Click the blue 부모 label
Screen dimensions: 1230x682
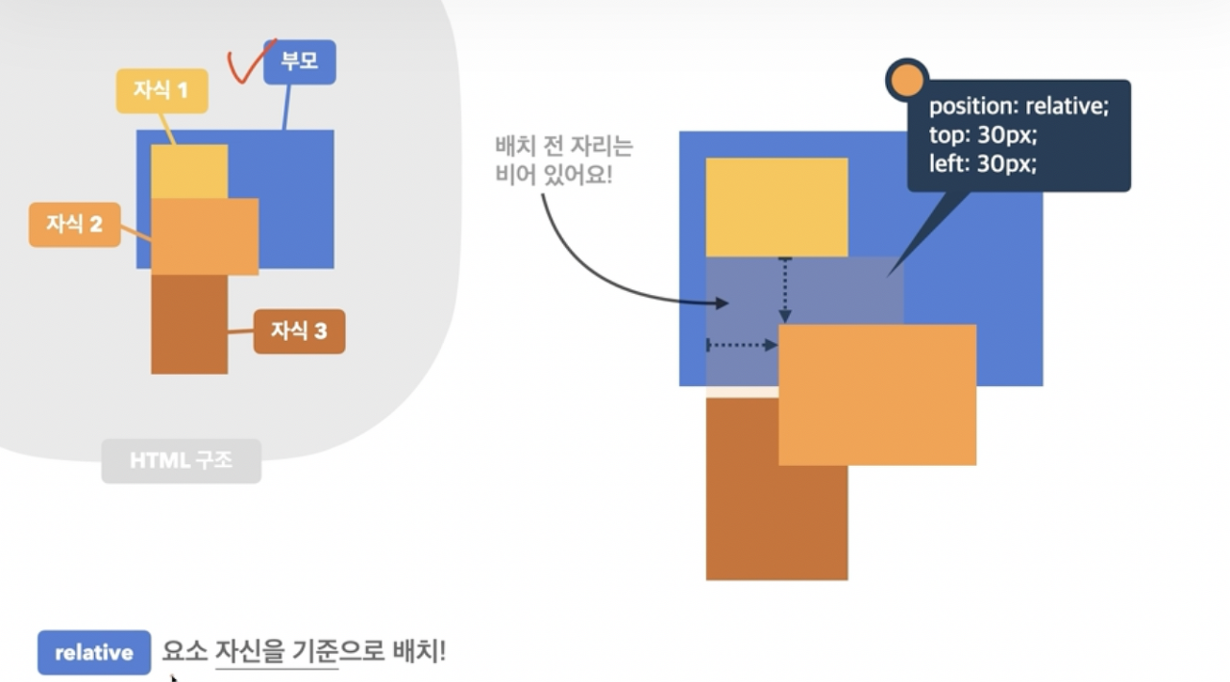(x=299, y=62)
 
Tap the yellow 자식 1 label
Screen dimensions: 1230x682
(x=161, y=91)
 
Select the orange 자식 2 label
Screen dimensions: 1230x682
(x=75, y=225)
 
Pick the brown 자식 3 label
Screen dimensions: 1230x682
(x=299, y=331)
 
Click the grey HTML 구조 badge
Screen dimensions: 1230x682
(x=181, y=461)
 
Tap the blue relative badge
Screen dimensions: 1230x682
(x=94, y=653)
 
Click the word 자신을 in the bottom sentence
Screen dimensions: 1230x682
(x=251, y=652)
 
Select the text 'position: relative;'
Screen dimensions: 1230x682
(x=1019, y=106)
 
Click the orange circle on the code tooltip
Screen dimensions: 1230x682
(x=906, y=81)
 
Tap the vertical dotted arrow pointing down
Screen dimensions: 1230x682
(x=785, y=289)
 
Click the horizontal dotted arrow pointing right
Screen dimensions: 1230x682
(x=742, y=345)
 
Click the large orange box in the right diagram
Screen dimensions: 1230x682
(x=876, y=395)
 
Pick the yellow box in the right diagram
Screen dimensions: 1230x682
(x=776, y=207)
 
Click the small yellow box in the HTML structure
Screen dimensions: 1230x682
(x=189, y=171)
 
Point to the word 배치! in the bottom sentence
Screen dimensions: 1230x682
(x=420, y=652)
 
